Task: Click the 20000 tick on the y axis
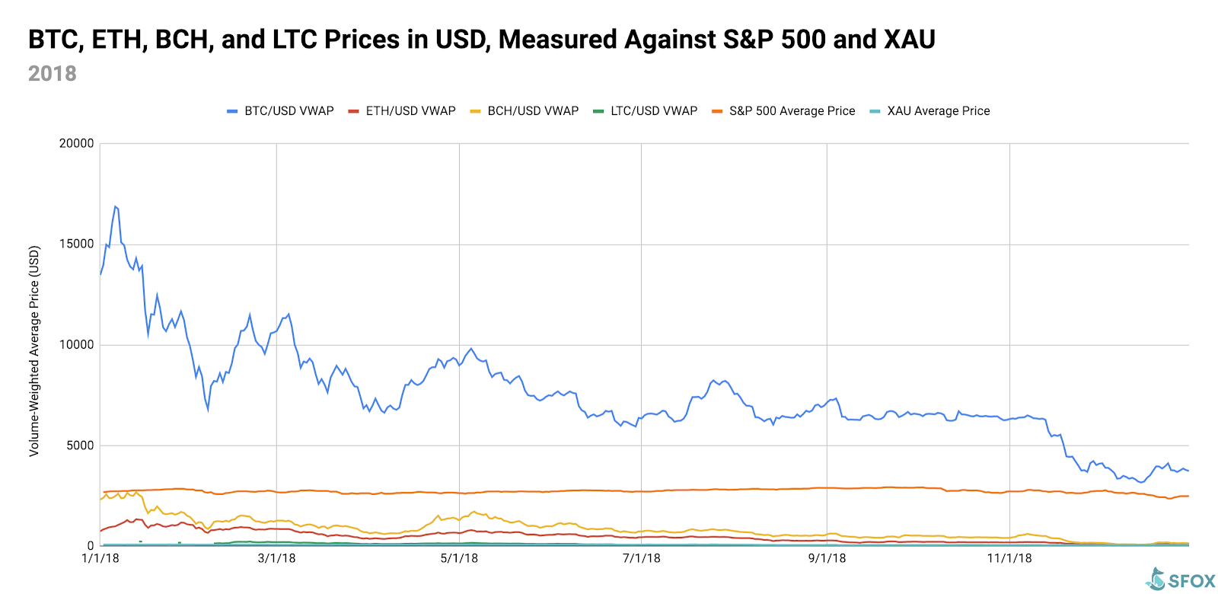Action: tap(77, 144)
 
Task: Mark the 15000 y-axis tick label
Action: tap(77, 244)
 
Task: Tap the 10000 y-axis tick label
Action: tap(77, 345)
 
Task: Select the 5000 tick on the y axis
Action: tap(80, 445)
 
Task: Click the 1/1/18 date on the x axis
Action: tap(100, 558)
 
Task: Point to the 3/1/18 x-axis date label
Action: tap(276, 558)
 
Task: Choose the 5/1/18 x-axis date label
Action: tap(459, 558)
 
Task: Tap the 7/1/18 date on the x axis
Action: tap(642, 558)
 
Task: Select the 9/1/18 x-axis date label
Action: tap(827, 558)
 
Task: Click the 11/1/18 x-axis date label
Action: tap(1009, 558)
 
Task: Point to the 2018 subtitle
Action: tap(53, 74)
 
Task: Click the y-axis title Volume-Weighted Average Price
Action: tap(34, 351)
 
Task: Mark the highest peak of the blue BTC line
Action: tap(115, 206)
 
